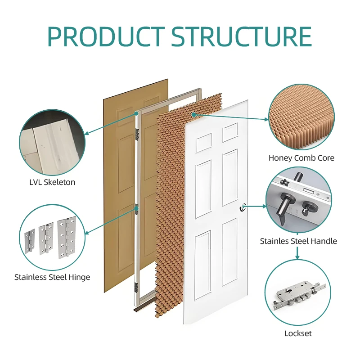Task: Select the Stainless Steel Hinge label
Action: pyautogui.click(x=52, y=277)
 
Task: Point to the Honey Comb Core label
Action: pyautogui.click(x=301, y=158)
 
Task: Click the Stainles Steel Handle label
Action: pyautogui.click(x=298, y=241)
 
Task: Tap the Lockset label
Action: pyautogui.click(x=298, y=333)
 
